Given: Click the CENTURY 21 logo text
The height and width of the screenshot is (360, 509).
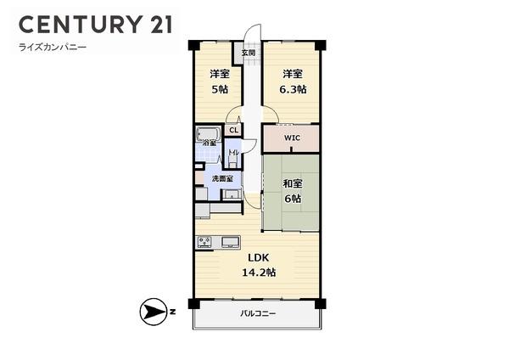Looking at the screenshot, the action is click(x=96, y=24).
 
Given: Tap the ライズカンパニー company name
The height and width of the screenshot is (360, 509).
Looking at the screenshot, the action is click(x=53, y=48).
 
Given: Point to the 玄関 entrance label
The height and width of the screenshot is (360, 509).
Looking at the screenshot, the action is click(x=249, y=53).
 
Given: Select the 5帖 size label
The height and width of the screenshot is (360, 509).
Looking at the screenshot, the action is click(x=220, y=89).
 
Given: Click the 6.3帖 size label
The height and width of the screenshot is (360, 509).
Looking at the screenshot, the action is click(x=293, y=89).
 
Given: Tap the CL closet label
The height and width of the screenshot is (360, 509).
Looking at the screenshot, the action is click(x=234, y=130).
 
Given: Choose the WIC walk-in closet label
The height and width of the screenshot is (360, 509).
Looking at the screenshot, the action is click(x=292, y=138).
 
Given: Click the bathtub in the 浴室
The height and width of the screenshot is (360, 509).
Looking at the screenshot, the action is click(x=208, y=134).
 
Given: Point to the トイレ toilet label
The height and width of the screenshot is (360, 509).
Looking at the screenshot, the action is click(x=233, y=152).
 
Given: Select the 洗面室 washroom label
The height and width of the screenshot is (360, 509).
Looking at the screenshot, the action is click(x=222, y=178).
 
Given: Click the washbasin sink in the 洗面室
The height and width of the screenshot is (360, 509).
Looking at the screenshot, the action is click(x=231, y=194).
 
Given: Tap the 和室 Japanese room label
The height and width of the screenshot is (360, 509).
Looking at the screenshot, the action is click(x=293, y=183).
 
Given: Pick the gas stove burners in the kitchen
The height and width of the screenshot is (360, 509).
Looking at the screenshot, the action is click(x=204, y=242).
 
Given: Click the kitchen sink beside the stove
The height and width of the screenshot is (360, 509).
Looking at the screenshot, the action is click(x=231, y=242).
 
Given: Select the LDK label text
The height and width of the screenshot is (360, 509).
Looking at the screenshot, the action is click(x=259, y=257).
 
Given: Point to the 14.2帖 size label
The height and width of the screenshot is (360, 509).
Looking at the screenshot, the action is click(x=259, y=273).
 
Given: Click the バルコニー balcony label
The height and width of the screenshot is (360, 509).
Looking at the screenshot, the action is click(x=258, y=313).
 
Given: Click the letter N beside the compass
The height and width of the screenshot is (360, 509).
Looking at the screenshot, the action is click(x=172, y=312).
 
